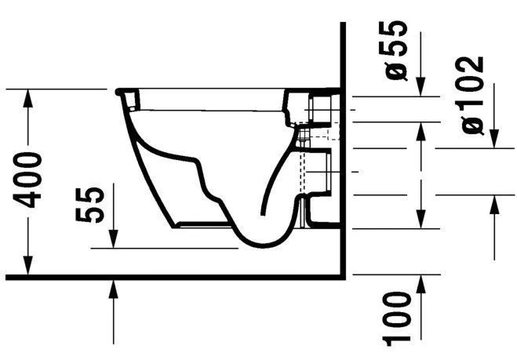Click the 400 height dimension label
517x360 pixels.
[30, 180]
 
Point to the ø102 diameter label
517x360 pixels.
[474, 95]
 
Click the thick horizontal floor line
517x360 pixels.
[173, 276]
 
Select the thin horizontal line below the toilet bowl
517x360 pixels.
[165, 248]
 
